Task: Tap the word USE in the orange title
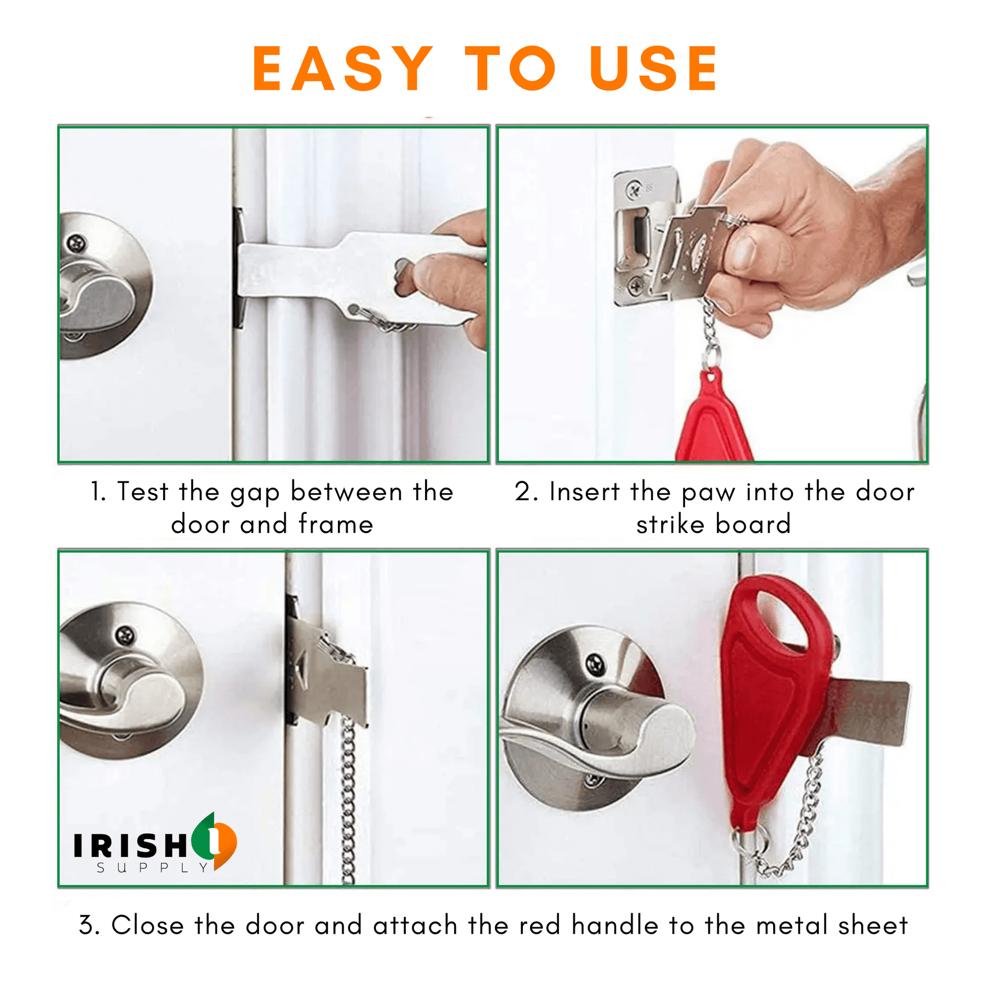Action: pos(654,69)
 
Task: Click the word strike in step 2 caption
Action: pos(670,524)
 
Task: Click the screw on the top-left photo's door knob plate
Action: pos(77,244)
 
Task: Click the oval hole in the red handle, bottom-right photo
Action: pos(781,618)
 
